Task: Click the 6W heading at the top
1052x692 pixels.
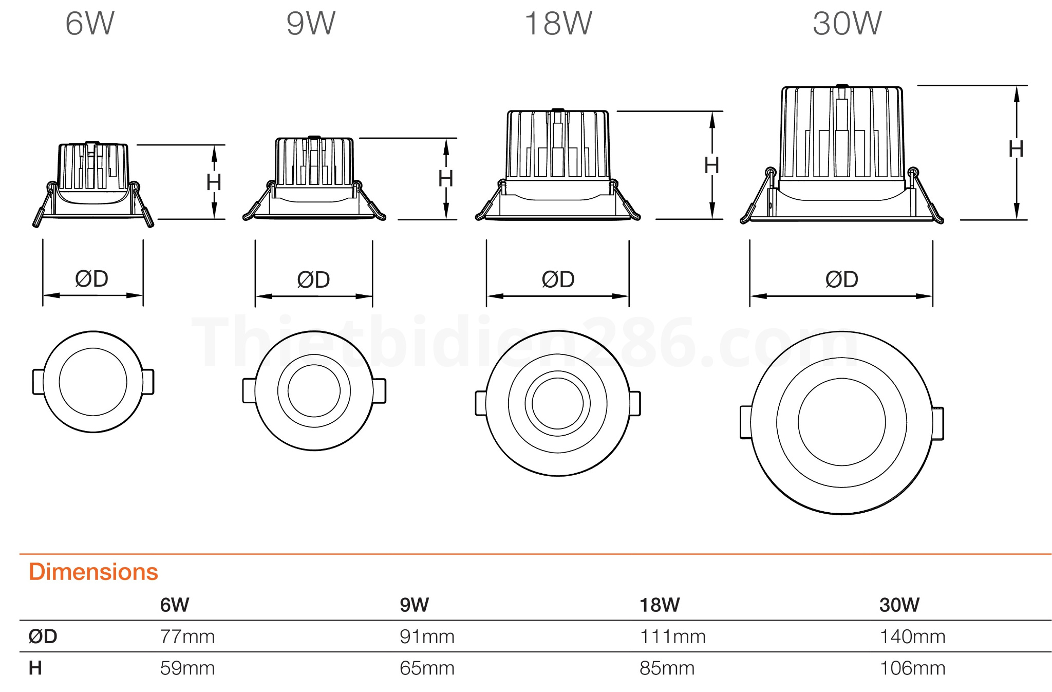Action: [x=90, y=24]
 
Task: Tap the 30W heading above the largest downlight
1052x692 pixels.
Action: [x=847, y=24]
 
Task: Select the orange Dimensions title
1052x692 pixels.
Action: [x=93, y=572]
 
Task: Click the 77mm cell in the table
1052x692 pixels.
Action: [x=187, y=637]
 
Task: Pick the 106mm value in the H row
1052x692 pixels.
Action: [x=912, y=668]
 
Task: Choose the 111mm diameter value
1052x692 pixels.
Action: [x=672, y=637]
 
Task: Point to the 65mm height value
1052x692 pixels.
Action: [x=427, y=668]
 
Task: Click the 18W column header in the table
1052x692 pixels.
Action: [x=660, y=605]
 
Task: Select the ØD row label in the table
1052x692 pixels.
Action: [x=43, y=637]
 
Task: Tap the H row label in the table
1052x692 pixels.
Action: [x=35, y=668]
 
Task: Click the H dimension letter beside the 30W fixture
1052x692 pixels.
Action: [x=1016, y=149]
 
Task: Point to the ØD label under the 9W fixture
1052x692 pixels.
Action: [x=313, y=280]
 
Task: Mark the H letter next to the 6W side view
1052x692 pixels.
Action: [x=214, y=182]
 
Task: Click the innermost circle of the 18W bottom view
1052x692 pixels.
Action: [x=557, y=403]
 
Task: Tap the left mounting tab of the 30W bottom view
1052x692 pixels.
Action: [x=745, y=422]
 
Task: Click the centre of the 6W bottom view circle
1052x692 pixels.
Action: [x=93, y=382]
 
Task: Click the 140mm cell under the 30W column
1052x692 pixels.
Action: [x=912, y=637]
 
